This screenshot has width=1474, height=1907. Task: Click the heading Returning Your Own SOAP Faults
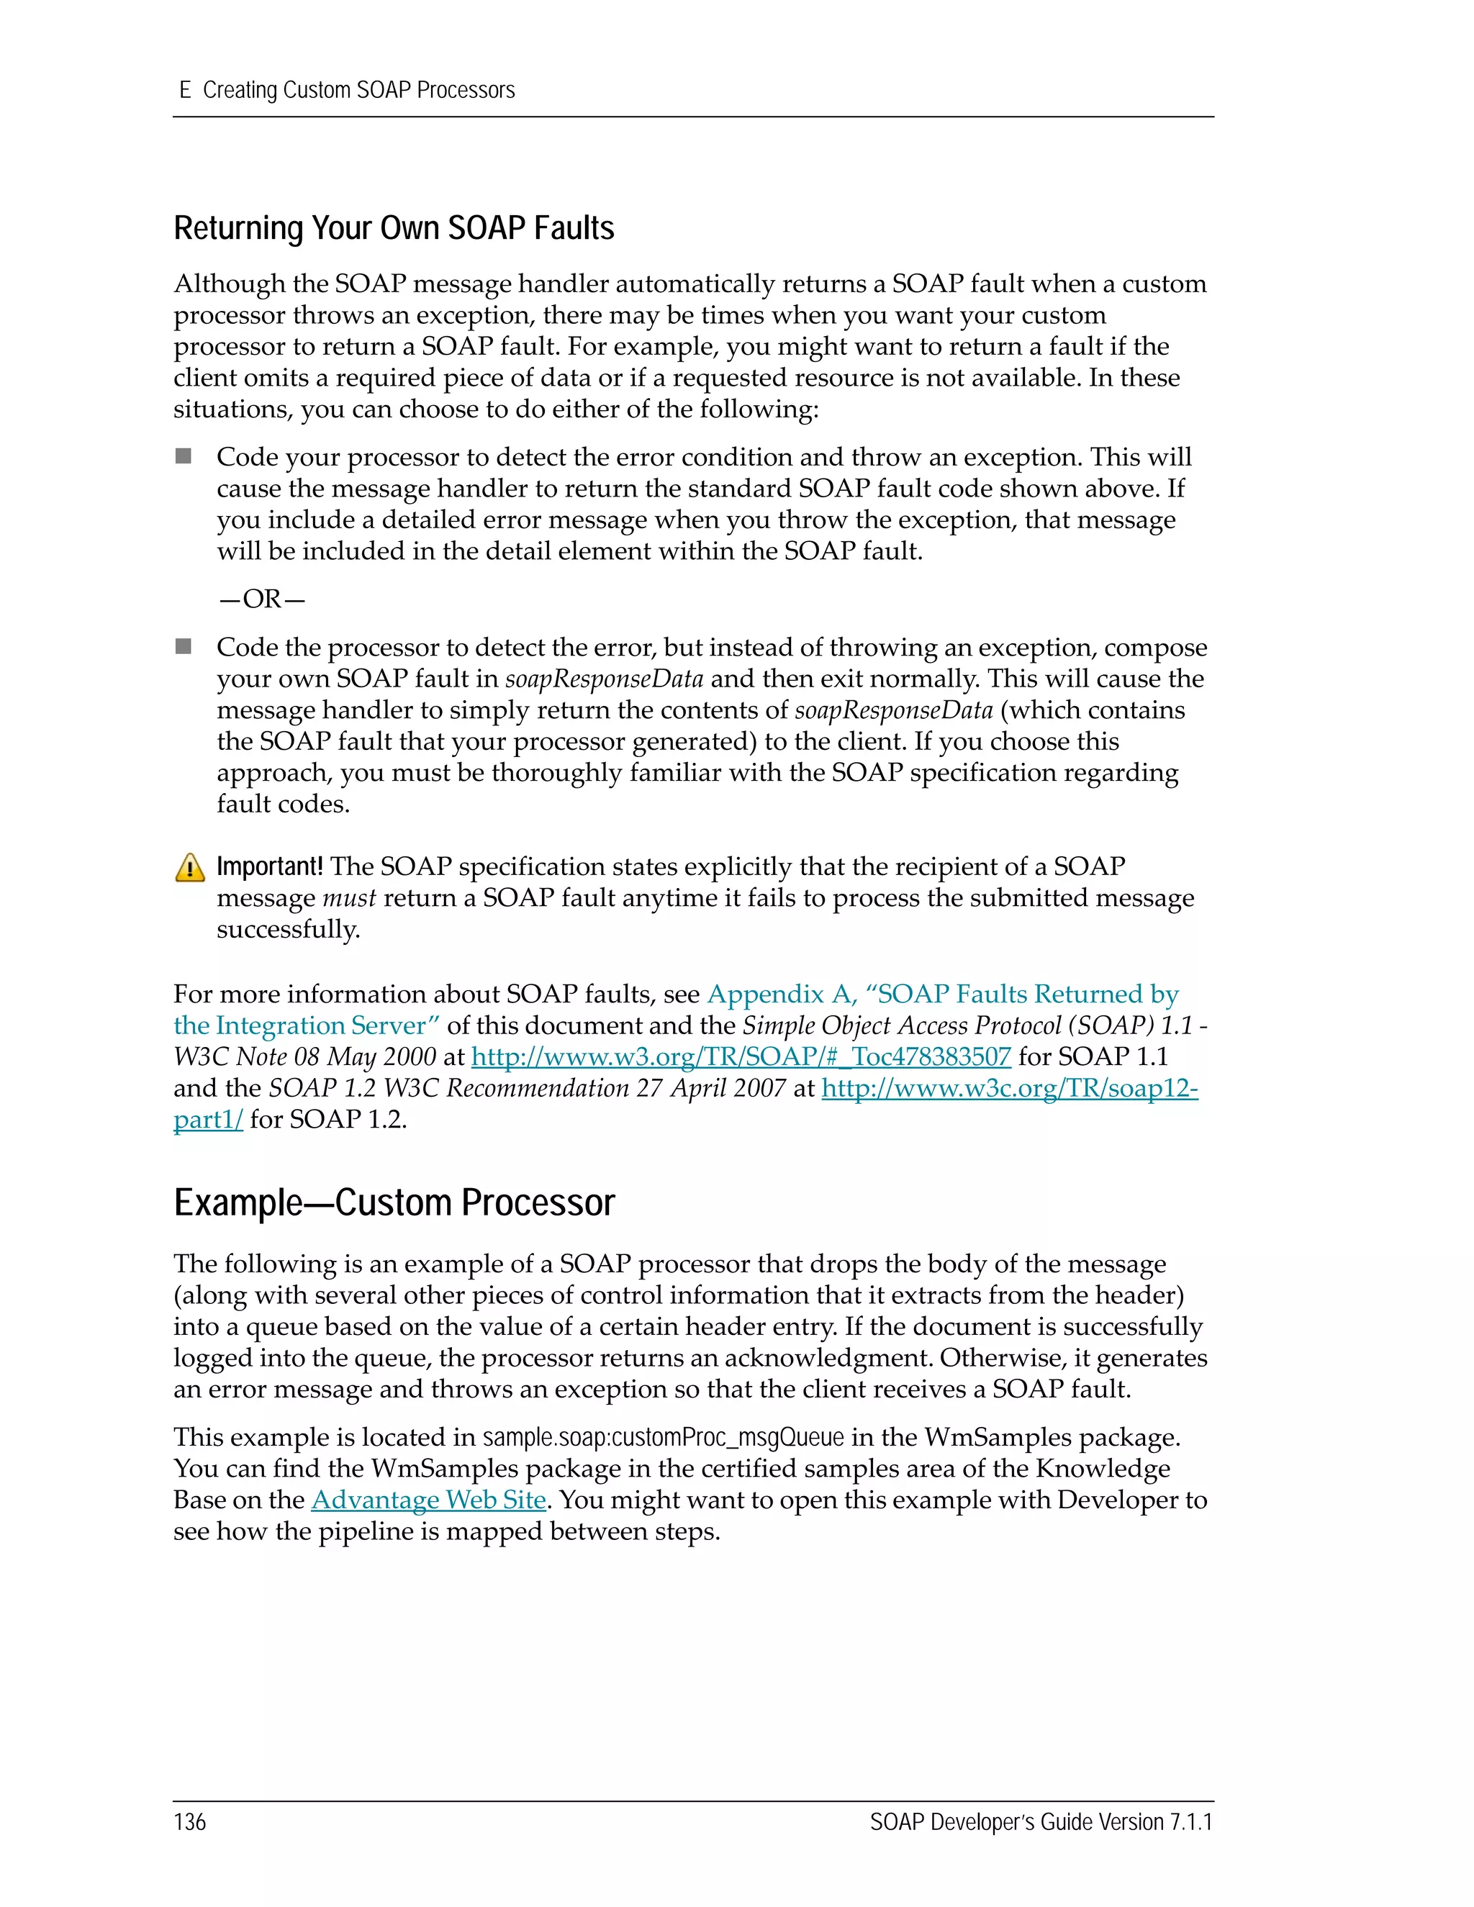point(393,229)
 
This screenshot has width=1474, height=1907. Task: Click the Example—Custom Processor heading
point(394,1203)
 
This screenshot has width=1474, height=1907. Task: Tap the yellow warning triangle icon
point(189,868)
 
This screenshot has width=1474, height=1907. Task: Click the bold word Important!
point(269,866)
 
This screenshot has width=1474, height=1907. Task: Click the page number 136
point(189,1822)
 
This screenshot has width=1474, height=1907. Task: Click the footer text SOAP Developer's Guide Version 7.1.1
point(1041,1822)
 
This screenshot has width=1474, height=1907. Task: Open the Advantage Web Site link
point(428,1500)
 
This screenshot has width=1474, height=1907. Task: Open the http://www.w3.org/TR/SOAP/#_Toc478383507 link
point(741,1057)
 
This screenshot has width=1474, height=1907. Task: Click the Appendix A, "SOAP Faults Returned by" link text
point(942,995)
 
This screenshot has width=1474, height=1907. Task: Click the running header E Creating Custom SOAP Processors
point(347,91)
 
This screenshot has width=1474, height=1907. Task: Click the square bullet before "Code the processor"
point(184,646)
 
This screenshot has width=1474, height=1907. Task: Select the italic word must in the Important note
point(348,899)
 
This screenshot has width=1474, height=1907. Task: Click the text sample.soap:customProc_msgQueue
point(663,1438)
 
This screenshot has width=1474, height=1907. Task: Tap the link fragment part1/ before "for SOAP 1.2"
point(208,1120)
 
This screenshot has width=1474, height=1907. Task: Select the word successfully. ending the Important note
point(288,930)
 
